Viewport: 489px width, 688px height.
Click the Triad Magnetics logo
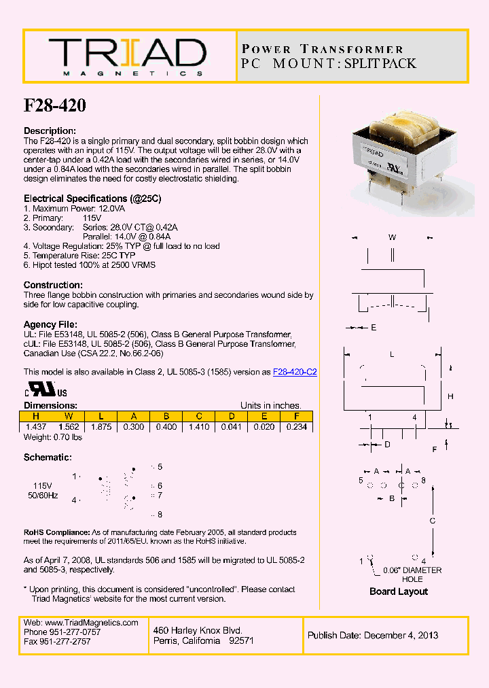pyautogui.click(x=127, y=56)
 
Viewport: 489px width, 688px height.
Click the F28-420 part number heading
pyautogui.click(x=55, y=106)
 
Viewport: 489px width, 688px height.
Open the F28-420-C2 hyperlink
pyautogui.click(x=295, y=372)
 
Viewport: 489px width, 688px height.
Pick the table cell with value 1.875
pyautogui.click(x=101, y=427)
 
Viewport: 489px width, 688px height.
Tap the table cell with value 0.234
pyautogui.click(x=297, y=427)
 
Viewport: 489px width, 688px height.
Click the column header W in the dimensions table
pyautogui.click(x=68, y=417)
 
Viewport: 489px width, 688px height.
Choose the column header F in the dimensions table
pyautogui.click(x=297, y=417)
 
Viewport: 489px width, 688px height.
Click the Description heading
pyautogui.click(x=50, y=131)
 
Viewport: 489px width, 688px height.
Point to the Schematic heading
pyautogui.click(x=48, y=458)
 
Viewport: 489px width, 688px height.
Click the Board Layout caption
pyautogui.click(x=399, y=591)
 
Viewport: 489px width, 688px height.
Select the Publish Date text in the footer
pyautogui.click(x=373, y=636)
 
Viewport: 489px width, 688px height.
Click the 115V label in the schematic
pyautogui.click(x=42, y=486)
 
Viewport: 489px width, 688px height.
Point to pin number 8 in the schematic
pyautogui.click(x=160, y=515)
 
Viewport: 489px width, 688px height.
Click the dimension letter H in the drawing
pyautogui.click(x=450, y=396)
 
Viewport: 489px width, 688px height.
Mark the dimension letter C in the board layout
pyautogui.click(x=432, y=521)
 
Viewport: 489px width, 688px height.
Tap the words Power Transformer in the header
pyautogui.click(x=323, y=50)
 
